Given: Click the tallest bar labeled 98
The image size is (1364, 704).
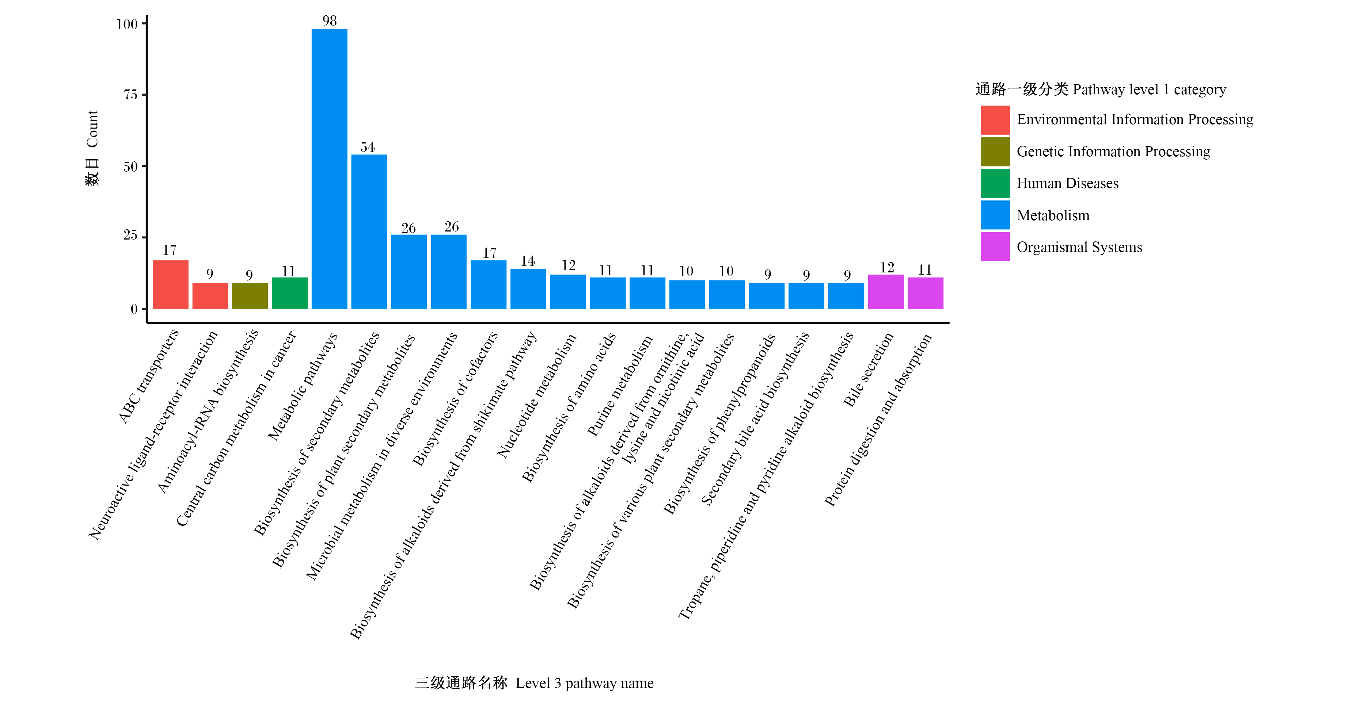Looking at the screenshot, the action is (329, 168).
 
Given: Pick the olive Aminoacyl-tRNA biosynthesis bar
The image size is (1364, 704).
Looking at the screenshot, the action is (250, 296).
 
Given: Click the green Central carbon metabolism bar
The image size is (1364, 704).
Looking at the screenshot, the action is (290, 293).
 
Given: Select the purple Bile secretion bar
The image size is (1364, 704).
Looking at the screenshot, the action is (886, 292).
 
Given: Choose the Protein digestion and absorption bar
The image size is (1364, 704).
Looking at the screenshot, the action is (926, 293).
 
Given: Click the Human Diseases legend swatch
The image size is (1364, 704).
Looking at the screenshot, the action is (995, 183).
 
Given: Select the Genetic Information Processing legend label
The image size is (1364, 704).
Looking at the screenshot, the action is (1114, 152).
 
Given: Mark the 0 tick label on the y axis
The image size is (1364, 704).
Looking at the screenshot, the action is (134, 309).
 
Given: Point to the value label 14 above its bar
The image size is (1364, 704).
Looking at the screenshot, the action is (528, 261).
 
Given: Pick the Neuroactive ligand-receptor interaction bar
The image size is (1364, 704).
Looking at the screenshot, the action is (210, 296).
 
